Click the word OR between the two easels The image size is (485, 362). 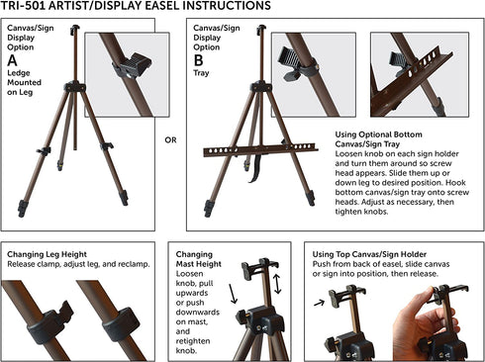[x=170, y=139]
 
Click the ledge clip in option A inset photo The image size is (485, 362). [x=132, y=64]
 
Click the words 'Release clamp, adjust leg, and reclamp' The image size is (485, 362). [x=78, y=265]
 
